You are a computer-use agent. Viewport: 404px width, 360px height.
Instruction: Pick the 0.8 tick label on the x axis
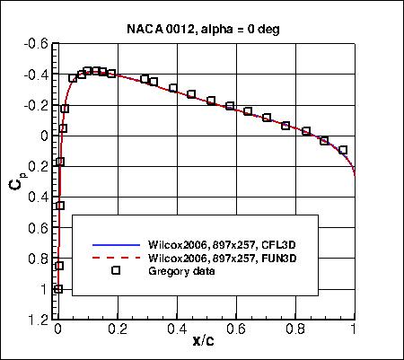click(294, 330)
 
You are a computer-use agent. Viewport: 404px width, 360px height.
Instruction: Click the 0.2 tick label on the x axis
click(117, 330)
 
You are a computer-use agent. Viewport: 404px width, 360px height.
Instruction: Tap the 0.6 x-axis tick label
click(235, 330)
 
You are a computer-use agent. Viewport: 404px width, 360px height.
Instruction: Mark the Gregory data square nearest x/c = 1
click(343, 150)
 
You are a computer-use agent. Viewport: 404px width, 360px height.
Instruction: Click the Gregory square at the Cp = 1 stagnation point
click(58, 289)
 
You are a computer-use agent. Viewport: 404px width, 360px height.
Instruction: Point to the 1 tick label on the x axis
click(354, 330)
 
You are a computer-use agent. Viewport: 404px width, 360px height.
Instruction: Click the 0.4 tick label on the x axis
click(176, 330)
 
